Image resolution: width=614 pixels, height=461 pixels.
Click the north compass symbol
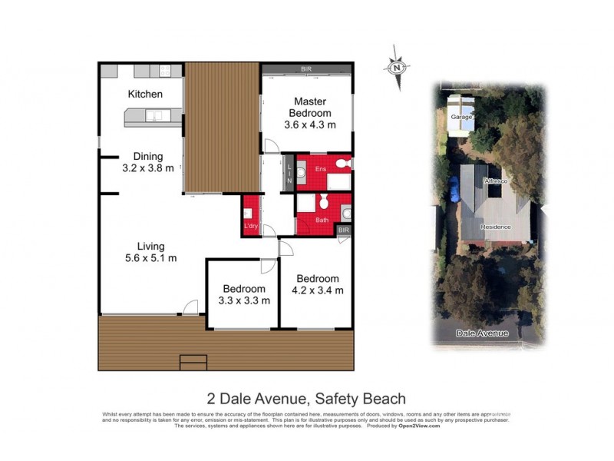(397, 66)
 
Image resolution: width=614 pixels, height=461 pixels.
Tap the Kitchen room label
(145, 95)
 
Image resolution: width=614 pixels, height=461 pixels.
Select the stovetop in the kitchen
(165, 71)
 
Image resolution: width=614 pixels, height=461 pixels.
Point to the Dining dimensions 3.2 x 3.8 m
(148, 168)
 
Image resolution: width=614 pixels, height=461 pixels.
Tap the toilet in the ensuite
(343, 164)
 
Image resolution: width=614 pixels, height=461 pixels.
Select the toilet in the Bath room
(325, 203)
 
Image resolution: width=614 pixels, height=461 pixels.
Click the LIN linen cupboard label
(289, 173)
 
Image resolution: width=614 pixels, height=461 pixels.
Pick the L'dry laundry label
(250, 226)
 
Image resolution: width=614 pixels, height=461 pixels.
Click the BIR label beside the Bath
(344, 230)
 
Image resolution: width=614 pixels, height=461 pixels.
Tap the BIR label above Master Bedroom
(306, 69)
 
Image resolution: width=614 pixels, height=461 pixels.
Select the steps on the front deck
(193, 361)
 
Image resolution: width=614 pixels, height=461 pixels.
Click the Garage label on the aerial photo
(460, 118)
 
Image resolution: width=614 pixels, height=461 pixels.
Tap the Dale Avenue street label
(483, 333)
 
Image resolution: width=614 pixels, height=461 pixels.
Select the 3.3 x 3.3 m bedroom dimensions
(244, 300)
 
